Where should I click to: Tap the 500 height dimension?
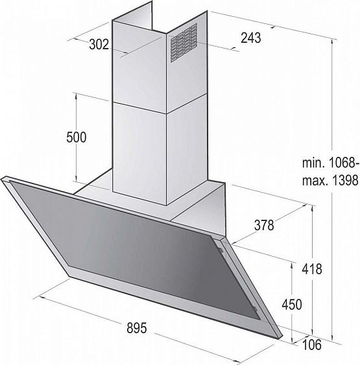76,137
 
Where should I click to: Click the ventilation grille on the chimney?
185,43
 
